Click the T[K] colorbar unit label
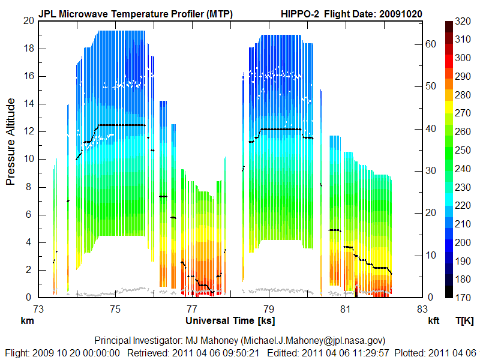pyautogui.click(x=465, y=321)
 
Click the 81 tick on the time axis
pyautogui.click(x=346, y=309)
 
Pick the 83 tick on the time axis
pyautogui.click(x=422, y=309)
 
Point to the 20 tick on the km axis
pyautogui.click(x=28, y=20)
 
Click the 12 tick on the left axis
pyautogui.click(x=28, y=131)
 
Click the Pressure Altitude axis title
pyautogui.click(x=11, y=143)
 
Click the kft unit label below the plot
pyautogui.click(x=434, y=321)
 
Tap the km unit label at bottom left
pyautogui.click(x=27, y=321)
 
